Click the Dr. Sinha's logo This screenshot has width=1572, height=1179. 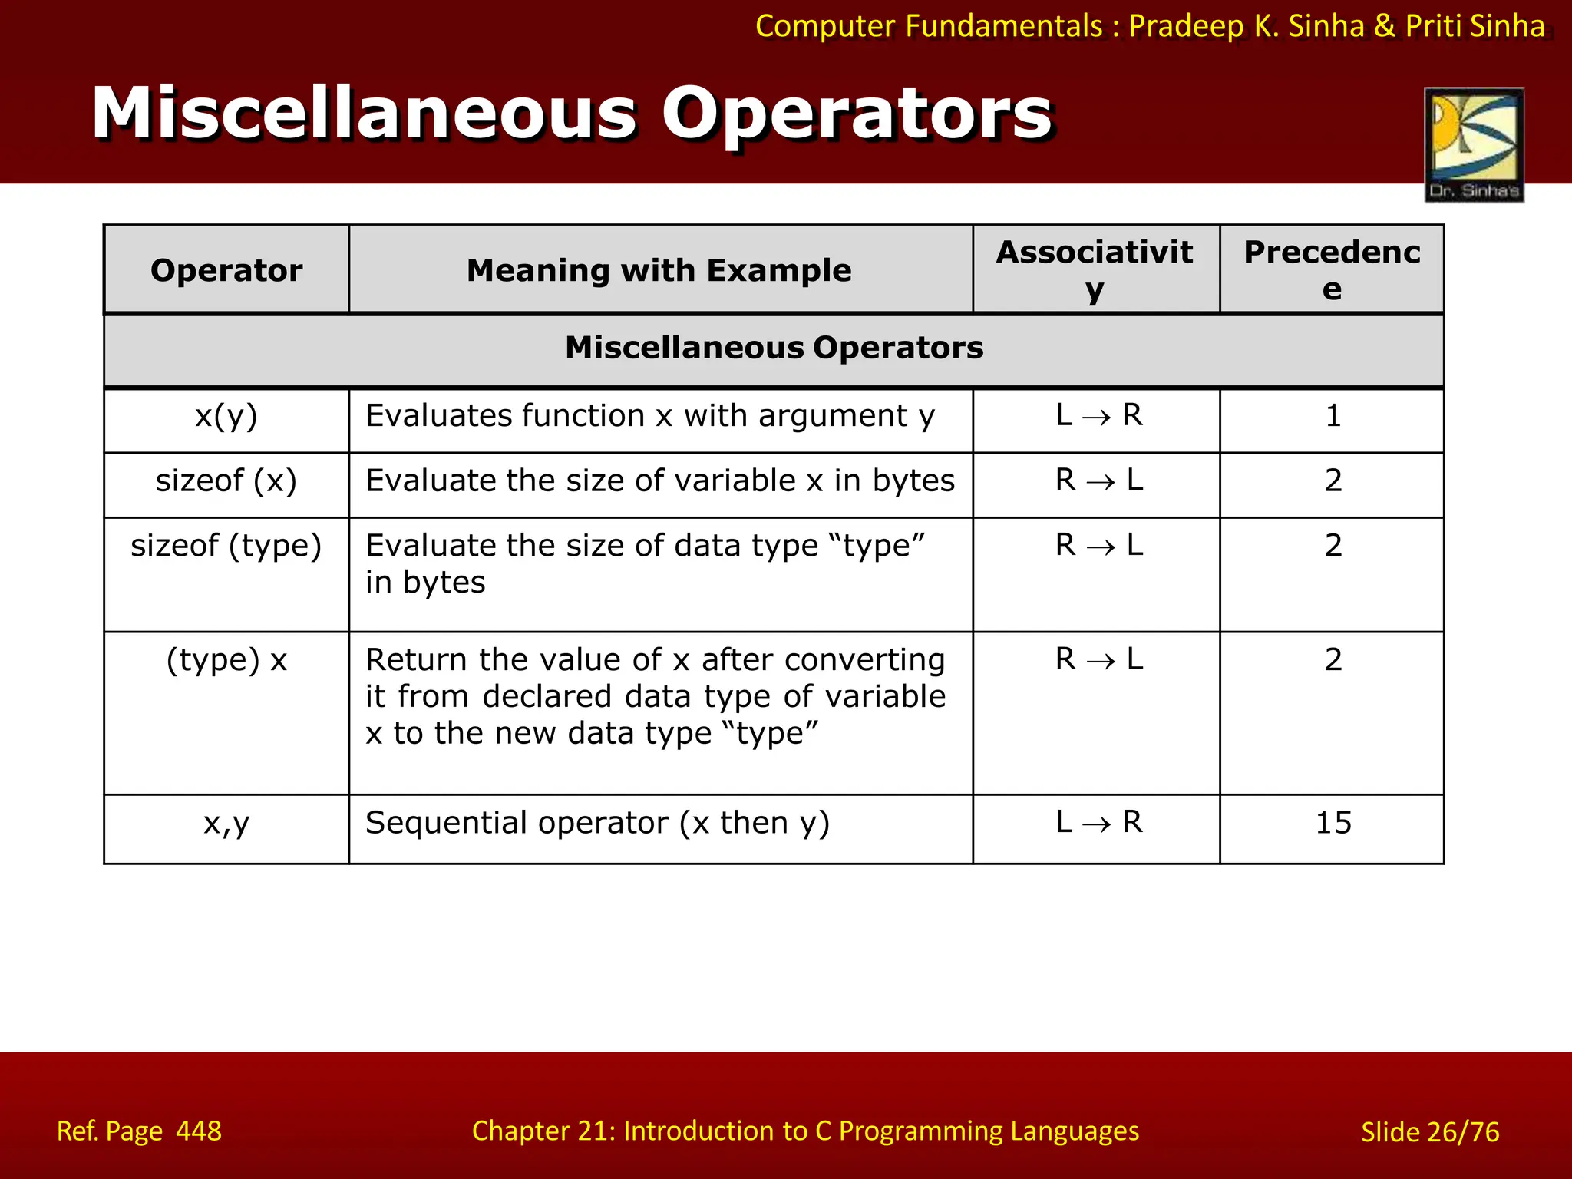point(1474,144)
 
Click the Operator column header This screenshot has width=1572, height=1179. point(226,270)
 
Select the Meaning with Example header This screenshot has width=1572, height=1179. point(659,270)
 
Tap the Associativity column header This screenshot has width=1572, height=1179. point(1095,270)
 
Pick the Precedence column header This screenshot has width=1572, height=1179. point(1332,270)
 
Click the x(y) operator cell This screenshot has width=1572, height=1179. point(226,416)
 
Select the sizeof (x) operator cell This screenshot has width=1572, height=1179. point(226,481)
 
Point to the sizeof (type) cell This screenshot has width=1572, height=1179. point(226,546)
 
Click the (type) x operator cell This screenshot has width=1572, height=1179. point(226,660)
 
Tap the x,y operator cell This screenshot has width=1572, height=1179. point(226,823)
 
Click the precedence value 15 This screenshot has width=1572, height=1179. point(1333,823)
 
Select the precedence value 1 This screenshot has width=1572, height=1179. point(1333,416)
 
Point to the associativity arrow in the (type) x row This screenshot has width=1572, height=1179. point(1100,661)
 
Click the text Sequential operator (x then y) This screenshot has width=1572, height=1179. point(597,823)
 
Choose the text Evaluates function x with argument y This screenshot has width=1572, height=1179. point(650,416)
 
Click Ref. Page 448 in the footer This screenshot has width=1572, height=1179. point(139,1131)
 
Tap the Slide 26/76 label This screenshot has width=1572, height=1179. point(1430,1131)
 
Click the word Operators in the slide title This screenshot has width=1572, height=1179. point(857,114)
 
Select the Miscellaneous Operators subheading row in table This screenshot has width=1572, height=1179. point(774,348)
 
